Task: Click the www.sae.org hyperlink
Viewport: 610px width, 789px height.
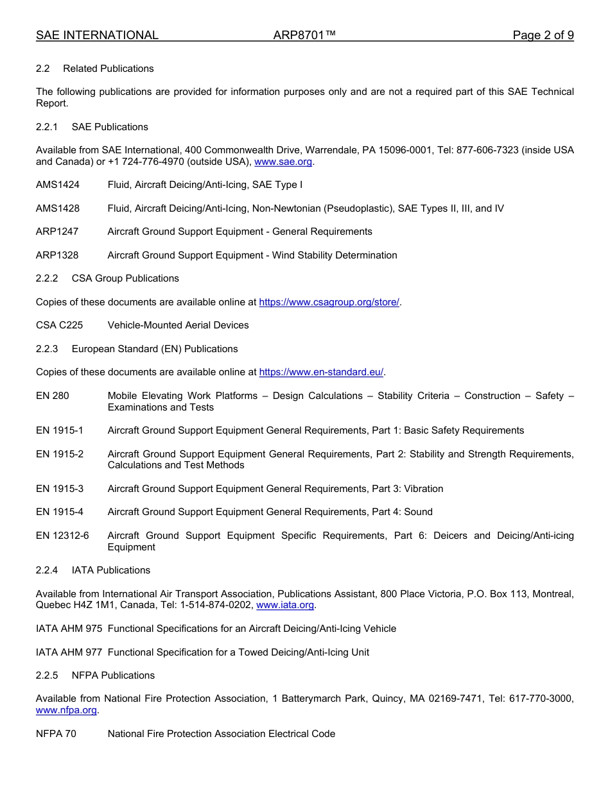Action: point(283,162)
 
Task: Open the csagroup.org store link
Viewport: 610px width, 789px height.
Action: point(329,302)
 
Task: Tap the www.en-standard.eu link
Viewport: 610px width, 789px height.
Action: point(321,372)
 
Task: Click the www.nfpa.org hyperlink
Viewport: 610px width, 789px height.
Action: point(66,710)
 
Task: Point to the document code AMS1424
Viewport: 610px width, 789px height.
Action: point(58,185)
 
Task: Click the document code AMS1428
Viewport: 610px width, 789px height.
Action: point(58,208)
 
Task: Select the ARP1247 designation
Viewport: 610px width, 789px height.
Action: point(57,232)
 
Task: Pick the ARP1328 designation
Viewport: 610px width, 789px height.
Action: point(57,255)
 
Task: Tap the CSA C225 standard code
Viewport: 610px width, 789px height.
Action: point(59,325)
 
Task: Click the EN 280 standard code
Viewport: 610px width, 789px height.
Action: point(53,396)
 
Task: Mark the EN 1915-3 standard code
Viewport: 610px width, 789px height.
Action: point(60,489)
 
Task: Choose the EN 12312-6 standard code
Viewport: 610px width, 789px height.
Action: point(62,536)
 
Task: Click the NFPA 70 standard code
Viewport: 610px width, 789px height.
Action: point(56,734)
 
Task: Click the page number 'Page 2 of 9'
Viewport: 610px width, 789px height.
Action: point(543,35)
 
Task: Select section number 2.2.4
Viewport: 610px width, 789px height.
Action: point(47,570)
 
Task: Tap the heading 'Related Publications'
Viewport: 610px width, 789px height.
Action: point(109,69)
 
